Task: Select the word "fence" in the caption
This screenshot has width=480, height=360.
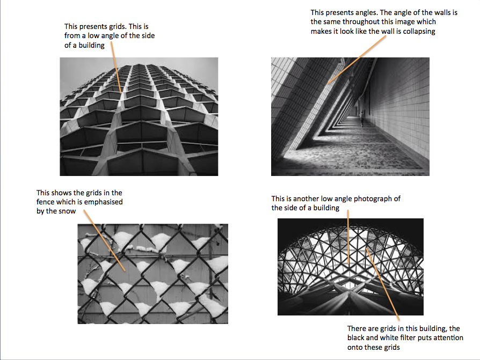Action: pos(46,202)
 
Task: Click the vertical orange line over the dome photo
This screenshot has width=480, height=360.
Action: pos(349,236)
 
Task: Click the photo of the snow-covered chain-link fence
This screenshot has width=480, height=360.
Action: pos(152,274)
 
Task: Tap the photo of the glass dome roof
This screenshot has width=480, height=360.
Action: pos(350,267)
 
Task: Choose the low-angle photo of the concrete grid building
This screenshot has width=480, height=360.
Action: pos(139,116)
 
